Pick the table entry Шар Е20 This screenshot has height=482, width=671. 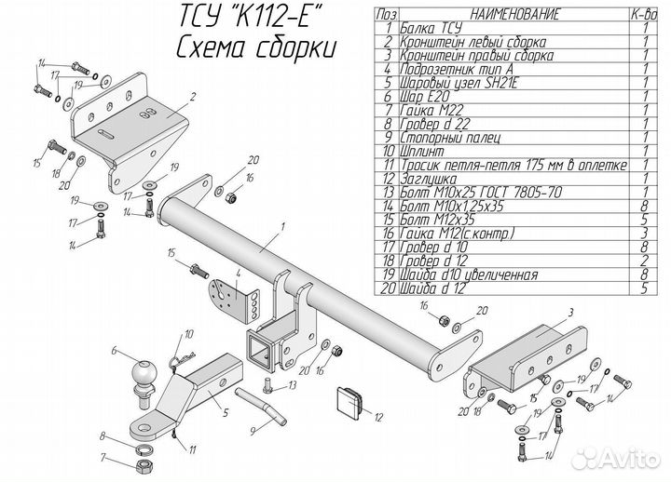pyautogui.click(x=420, y=95)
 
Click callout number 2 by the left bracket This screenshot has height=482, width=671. pyautogui.click(x=191, y=96)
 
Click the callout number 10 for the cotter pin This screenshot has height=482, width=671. pyautogui.click(x=188, y=333)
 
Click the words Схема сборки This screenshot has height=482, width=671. pyautogui.click(x=253, y=47)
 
